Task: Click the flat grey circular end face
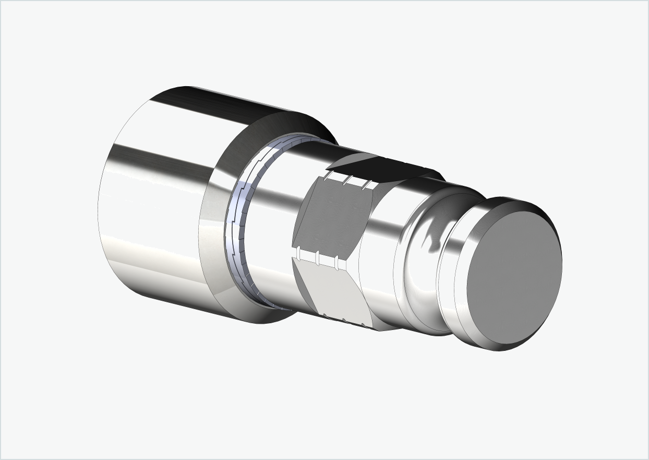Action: click(x=514, y=277)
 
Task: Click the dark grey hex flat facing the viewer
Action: click(x=331, y=219)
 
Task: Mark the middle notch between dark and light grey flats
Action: click(x=317, y=257)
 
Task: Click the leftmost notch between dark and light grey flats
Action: click(x=298, y=254)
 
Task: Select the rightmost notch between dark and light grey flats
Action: click(x=336, y=260)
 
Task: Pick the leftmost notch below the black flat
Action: click(x=328, y=176)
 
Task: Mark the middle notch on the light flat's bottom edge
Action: click(x=344, y=320)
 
